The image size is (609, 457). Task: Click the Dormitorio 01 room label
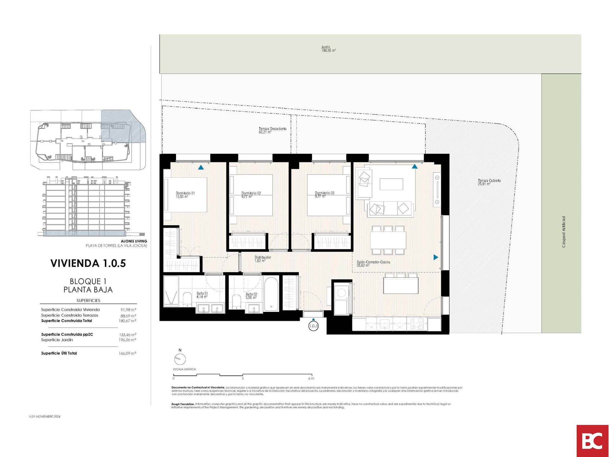tap(185, 195)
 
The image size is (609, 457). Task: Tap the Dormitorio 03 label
tap(324, 195)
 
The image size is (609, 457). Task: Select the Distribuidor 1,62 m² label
tap(263, 259)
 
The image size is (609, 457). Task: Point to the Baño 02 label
tap(251, 296)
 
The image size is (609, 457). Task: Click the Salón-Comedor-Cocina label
tap(373, 263)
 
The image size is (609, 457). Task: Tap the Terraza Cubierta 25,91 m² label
tap(489, 182)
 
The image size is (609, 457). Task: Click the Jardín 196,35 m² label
tap(328, 49)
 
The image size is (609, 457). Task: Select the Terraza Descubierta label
tap(272, 130)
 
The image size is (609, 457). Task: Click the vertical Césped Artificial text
tap(564, 232)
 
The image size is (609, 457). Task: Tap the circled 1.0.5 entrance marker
tap(313, 326)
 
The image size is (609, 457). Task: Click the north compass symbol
tap(180, 359)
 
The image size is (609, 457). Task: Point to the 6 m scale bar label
tap(311, 378)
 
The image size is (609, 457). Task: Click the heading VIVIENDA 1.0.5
tap(88, 263)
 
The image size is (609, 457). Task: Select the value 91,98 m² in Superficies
tap(128, 310)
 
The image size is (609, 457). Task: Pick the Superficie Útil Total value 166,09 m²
tap(127, 353)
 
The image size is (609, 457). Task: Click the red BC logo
tap(592, 441)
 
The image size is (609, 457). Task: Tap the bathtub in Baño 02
tap(271, 294)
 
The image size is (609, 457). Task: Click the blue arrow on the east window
tap(435, 257)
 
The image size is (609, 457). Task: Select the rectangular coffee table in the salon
tap(391, 184)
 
